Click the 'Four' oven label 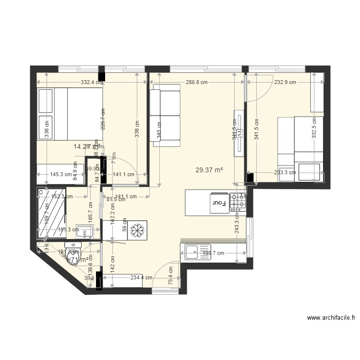pyautogui.click(x=218, y=203)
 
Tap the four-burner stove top pyautogui.click(x=239, y=203)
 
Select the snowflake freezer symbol pyautogui.click(x=138, y=231)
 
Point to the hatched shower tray pyautogui.click(x=50, y=213)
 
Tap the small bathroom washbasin pyautogui.click(x=87, y=233)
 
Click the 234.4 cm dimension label pyautogui.click(x=141, y=277)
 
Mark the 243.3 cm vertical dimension pyautogui.click(x=237, y=223)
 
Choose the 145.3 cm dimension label pyautogui.click(x=61, y=175)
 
